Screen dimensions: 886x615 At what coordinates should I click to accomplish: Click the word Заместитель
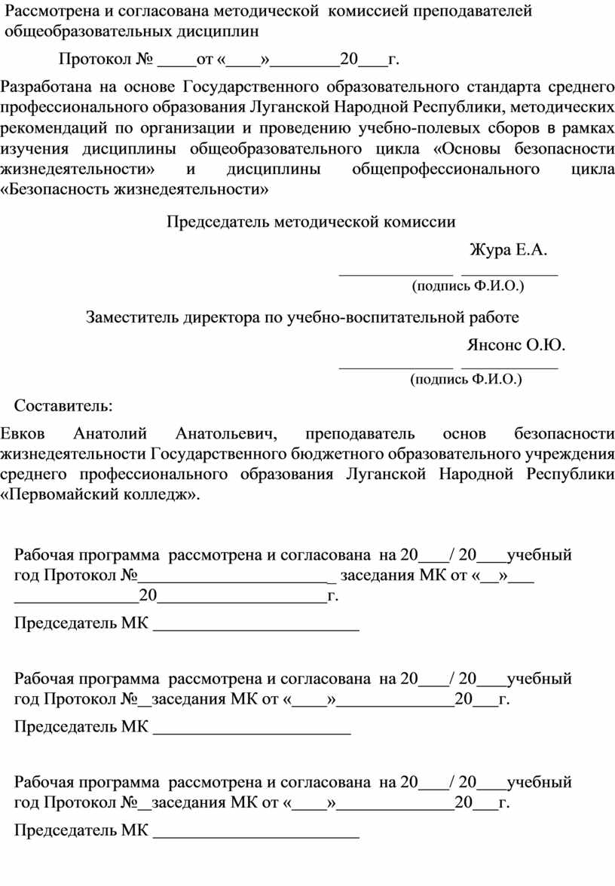pyautogui.click(x=132, y=317)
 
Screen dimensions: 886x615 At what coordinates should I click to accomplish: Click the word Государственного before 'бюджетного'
pyautogui.click(x=217, y=454)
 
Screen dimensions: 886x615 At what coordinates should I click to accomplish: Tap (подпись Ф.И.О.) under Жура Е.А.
pyautogui.click(x=467, y=286)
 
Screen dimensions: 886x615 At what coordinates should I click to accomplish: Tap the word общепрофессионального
pyautogui.click(x=445, y=168)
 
